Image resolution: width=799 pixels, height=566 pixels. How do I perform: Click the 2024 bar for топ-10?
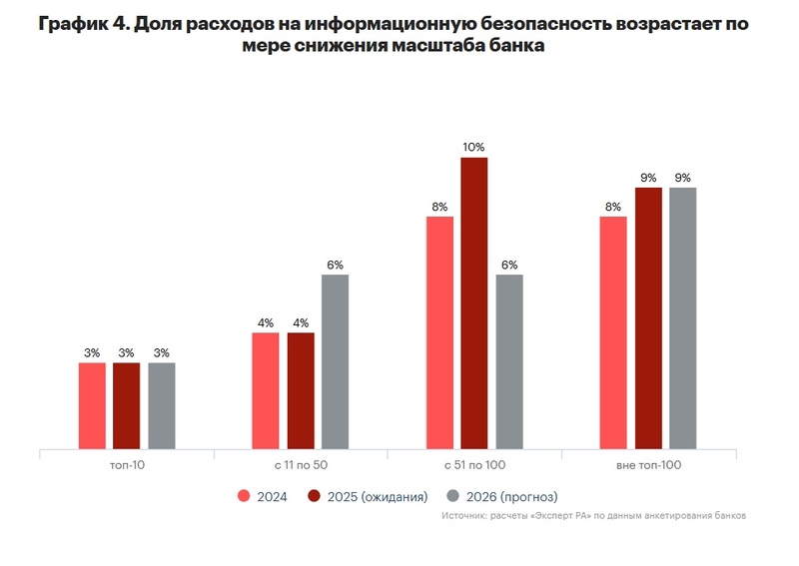coord(92,405)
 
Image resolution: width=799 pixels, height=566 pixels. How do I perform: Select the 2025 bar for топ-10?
coord(126,405)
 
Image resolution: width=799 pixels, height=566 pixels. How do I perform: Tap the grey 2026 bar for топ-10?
coord(161,405)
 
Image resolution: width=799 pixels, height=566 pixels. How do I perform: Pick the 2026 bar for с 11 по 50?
coord(335,361)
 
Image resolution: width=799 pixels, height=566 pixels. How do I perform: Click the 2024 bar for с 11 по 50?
coord(266,390)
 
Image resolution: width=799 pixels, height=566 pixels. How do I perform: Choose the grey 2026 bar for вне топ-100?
coord(682,317)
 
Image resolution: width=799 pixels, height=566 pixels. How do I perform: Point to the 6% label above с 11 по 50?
coord(335,265)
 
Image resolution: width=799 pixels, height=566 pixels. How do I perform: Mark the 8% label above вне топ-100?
coord(613,207)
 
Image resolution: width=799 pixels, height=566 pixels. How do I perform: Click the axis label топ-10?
coord(126,464)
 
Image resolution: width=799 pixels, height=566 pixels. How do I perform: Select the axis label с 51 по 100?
coord(473,464)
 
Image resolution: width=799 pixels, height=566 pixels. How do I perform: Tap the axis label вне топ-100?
coord(648,464)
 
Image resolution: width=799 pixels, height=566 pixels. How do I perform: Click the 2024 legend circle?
coord(243,496)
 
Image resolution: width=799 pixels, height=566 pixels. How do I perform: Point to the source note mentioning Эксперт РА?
coord(593,516)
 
